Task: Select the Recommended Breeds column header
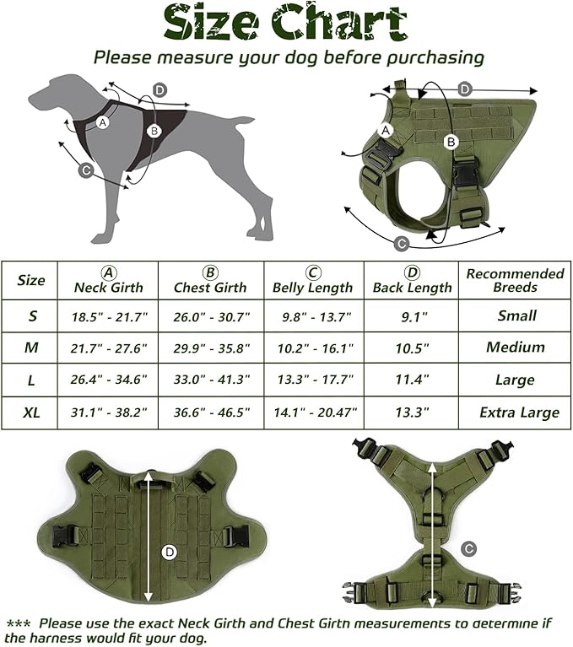pyautogui.click(x=515, y=280)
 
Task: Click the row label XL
pyautogui.click(x=31, y=412)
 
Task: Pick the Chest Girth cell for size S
pyautogui.click(x=211, y=316)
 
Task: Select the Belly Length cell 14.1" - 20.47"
pyautogui.click(x=313, y=412)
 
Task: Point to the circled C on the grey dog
pyautogui.click(x=85, y=170)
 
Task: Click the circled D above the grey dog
pyautogui.click(x=160, y=90)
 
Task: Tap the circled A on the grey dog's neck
pyautogui.click(x=104, y=122)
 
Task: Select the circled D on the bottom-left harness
pyautogui.click(x=169, y=553)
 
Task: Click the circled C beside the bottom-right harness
pyautogui.click(x=468, y=547)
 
